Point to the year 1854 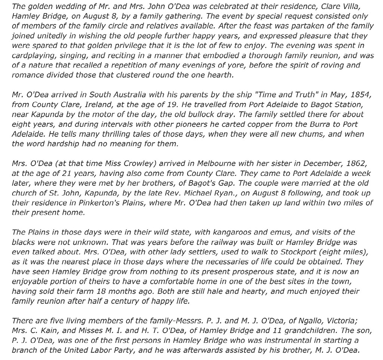click(x=362, y=94)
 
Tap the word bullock click(x=230, y=114)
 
